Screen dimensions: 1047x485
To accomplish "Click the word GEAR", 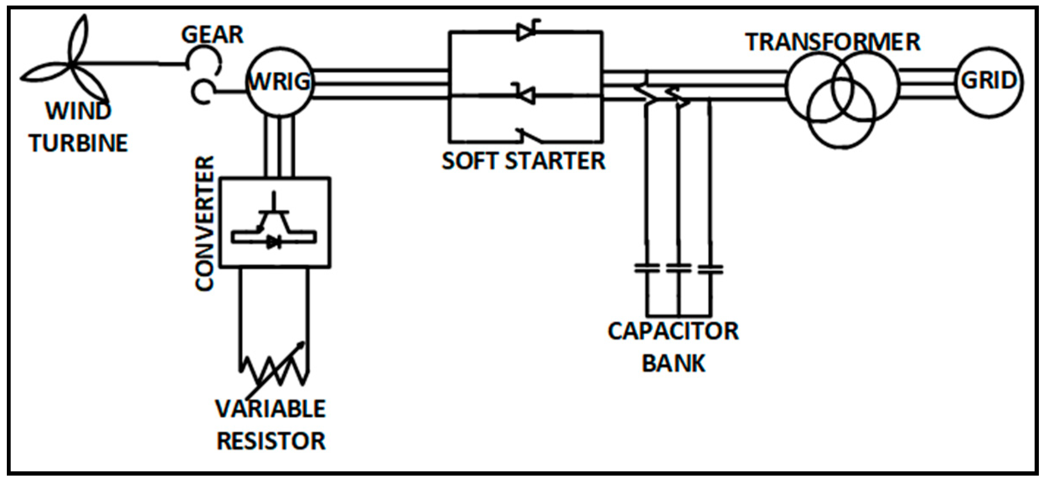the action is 212,35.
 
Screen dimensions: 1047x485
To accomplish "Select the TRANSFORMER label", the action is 833,42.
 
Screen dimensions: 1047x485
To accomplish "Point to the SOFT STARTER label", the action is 524,161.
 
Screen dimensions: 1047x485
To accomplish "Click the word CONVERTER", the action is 204,223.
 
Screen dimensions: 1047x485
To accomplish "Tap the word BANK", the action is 674,363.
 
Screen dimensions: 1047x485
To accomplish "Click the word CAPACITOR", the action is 673,331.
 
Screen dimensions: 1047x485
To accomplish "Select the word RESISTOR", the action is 271,441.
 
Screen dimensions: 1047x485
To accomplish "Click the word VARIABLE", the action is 271,409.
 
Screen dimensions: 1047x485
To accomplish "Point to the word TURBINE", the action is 79,143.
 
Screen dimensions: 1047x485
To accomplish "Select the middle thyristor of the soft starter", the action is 525,94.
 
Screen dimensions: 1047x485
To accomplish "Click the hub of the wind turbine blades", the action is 73,65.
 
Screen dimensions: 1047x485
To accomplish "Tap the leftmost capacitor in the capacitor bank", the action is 647,269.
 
